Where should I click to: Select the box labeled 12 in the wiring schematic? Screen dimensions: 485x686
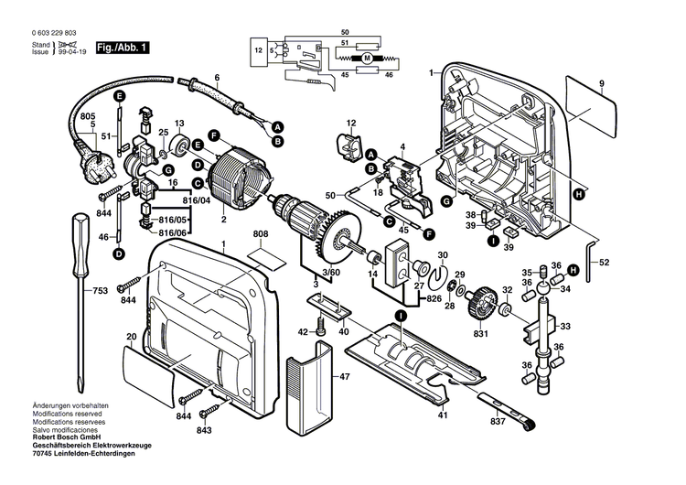tap(259, 49)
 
